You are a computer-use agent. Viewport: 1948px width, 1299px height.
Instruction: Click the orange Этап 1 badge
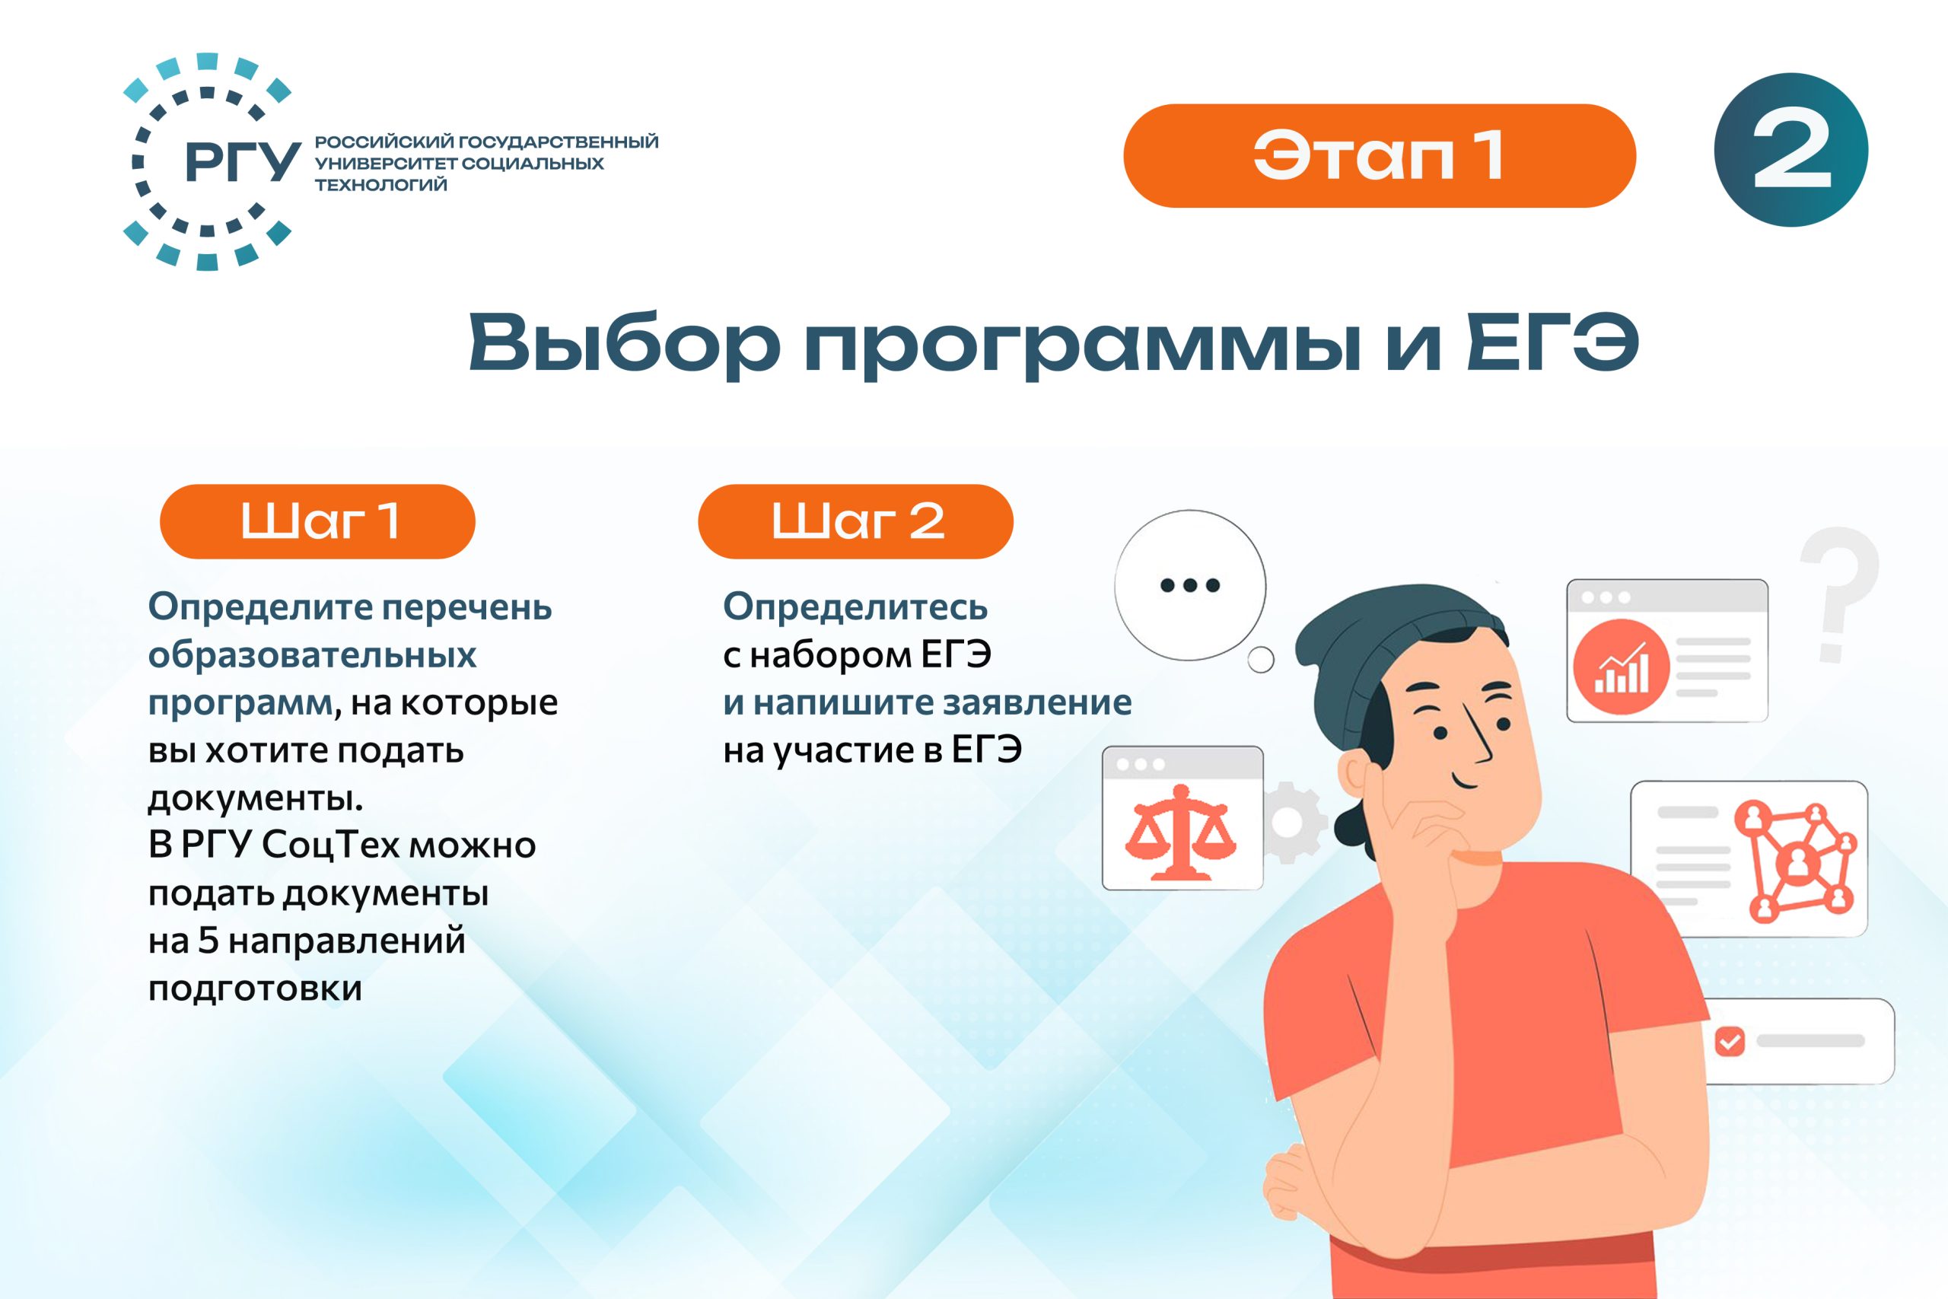1379,156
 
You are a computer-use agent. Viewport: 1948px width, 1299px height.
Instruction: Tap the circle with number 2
1790,150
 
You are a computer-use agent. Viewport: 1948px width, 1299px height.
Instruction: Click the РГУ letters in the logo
242,161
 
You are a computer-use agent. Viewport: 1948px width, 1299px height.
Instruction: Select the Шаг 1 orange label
317,521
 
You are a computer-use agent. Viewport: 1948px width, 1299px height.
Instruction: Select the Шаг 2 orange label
855,521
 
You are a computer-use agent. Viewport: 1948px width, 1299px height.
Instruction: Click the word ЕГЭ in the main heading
1552,342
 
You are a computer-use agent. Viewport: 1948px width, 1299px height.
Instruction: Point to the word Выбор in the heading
625,342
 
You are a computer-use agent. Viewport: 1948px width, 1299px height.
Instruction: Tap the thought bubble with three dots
1190,585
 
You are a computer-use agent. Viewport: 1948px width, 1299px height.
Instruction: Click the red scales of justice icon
1180,832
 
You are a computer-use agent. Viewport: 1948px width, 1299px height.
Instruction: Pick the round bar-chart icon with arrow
1621,667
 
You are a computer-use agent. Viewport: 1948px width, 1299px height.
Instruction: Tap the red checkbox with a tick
1730,1041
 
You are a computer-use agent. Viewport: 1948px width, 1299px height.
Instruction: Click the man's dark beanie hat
1392,663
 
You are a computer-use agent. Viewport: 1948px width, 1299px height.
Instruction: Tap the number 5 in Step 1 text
208,941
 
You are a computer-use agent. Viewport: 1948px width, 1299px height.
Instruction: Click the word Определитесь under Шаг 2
855,607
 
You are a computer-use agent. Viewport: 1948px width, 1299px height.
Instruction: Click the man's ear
1355,775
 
